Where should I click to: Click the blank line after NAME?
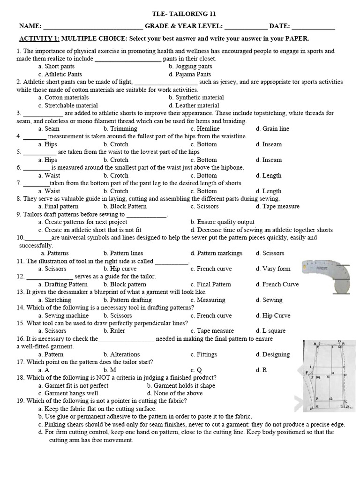(93, 27)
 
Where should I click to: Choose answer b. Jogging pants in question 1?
(190, 67)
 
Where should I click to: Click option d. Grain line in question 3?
(272, 128)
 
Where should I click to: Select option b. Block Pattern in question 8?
(125, 206)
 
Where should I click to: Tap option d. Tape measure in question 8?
(277, 206)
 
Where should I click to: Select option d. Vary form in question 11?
(273, 269)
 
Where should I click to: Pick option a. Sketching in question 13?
(55, 300)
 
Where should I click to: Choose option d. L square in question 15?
(270, 331)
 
